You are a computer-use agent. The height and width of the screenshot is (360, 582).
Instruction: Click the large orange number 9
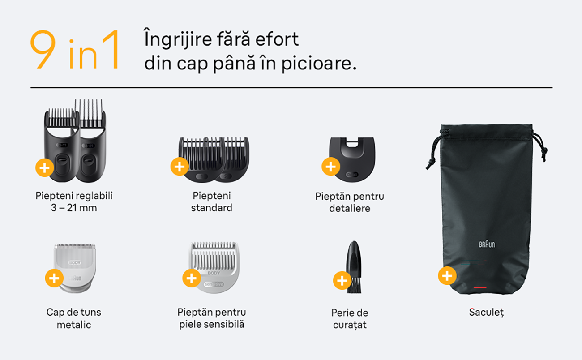pos(43,49)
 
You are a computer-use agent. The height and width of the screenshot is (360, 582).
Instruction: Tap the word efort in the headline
pos(277,39)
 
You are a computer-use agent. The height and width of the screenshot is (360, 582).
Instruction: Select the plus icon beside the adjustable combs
pos(45,167)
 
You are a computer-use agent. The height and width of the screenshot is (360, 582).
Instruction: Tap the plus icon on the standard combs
pos(180,167)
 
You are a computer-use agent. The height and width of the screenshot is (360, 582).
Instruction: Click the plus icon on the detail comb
pos(331,167)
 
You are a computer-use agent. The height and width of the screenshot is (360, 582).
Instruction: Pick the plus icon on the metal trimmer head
pos(54,278)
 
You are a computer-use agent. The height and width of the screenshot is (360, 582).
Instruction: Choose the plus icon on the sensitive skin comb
pos(192,278)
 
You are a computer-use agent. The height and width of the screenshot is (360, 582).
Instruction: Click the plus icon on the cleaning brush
pos(342,280)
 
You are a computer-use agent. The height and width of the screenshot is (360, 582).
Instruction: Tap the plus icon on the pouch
pos(447,275)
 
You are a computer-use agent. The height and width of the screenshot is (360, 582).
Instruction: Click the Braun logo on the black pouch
pos(487,244)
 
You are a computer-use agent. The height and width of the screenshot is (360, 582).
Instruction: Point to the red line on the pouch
pos(480,287)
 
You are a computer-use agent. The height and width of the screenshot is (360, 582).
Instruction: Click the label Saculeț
pos(486,313)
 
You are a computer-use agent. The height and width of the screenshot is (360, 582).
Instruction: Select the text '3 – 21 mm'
pos(74,208)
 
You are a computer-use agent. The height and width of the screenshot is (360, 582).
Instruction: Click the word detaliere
pos(350,208)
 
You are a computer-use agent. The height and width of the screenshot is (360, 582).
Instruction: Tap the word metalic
pos(74,325)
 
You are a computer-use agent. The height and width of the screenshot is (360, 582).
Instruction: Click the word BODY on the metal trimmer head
pos(75,262)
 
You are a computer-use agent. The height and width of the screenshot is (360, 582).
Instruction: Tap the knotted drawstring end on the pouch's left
pos(430,163)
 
